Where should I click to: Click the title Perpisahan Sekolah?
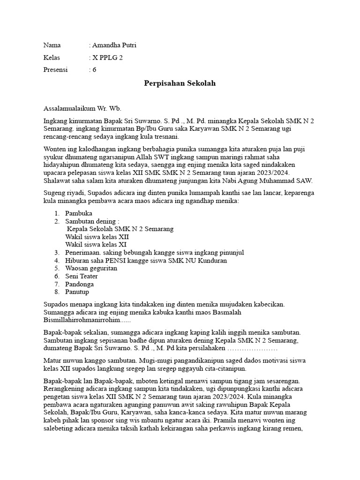point(180,83)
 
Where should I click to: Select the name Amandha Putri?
point(114,45)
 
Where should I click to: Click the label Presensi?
point(55,69)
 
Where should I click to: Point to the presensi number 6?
point(94,69)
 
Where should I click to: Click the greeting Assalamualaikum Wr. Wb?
point(82,108)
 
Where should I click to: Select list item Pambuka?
point(79,213)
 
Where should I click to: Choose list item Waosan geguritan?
point(91,268)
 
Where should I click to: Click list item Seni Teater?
point(82,276)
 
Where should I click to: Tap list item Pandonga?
point(80,284)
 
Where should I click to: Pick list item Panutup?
point(78,292)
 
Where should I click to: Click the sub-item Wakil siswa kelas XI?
point(96,245)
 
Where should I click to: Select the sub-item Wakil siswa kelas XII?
point(97,237)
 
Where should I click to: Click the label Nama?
point(52,45)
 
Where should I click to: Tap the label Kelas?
point(52,58)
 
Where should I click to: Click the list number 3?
point(56,253)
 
